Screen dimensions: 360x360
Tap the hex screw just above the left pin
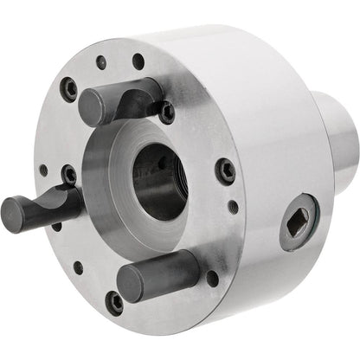pyautogui.click(x=69, y=175)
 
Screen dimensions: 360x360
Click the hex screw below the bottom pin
pyautogui.click(x=115, y=302)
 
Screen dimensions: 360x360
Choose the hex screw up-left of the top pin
pyautogui.click(x=69, y=88)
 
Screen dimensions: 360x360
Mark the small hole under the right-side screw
pyautogui.click(x=232, y=206)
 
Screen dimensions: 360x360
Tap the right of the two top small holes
pyautogui.click(x=138, y=61)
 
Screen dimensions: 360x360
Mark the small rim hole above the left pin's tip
pyautogui.click(x=43, y=170)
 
